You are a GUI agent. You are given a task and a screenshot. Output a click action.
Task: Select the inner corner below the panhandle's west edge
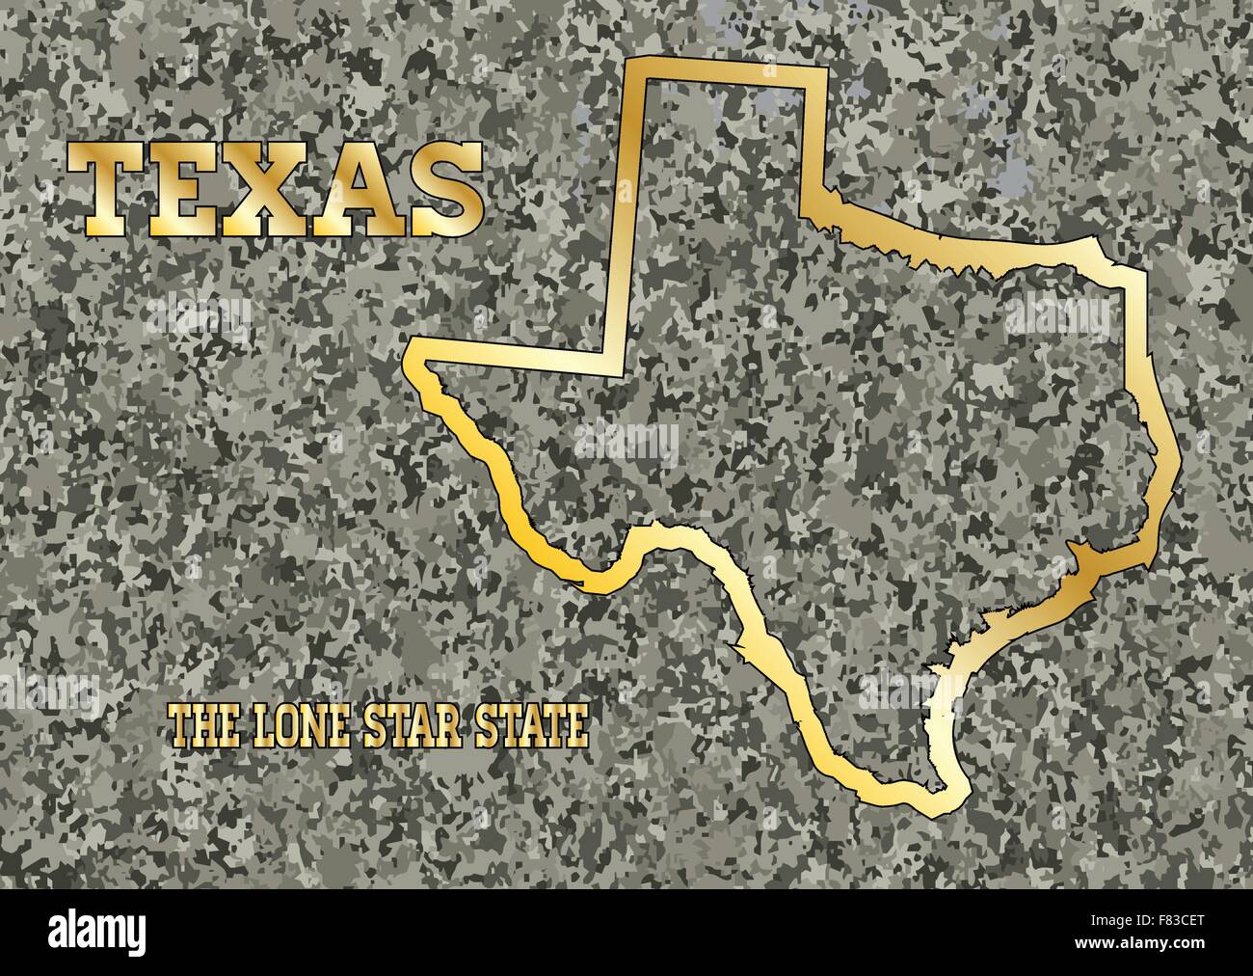pyautogui.click(x=615, y=362)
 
